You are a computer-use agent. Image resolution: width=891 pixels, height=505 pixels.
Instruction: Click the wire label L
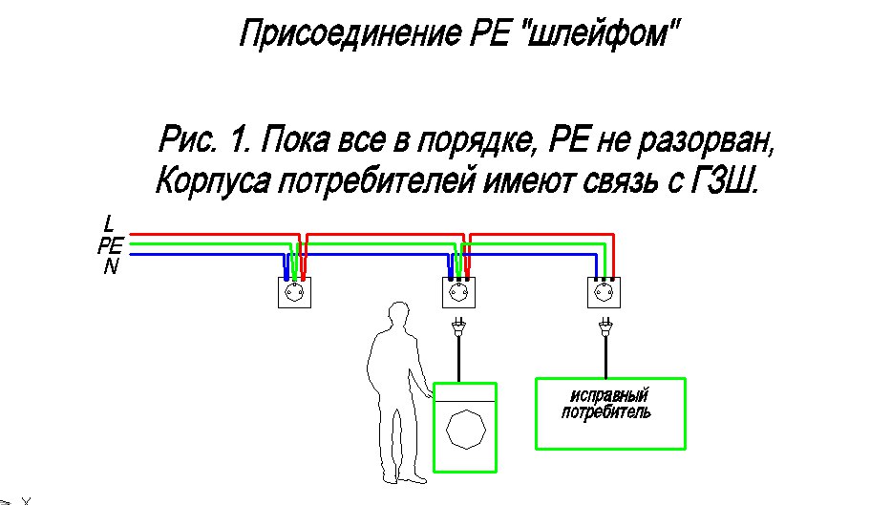pyautogui.click(x=109, y=224)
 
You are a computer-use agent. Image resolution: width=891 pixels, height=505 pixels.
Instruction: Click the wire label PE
pyautogui.click(x=110, y=245)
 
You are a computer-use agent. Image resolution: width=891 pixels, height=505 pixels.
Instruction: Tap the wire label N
pyautogui.click(x=111, y=267)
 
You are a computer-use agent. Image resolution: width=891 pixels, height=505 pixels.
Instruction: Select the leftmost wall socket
pyautogui.click(x=294, y=291)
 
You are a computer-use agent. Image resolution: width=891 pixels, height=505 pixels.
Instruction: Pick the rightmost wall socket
pyautogui.click(x=604, y=291)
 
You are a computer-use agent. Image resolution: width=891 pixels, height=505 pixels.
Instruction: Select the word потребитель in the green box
pyautogui.click(x=607, y=413)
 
